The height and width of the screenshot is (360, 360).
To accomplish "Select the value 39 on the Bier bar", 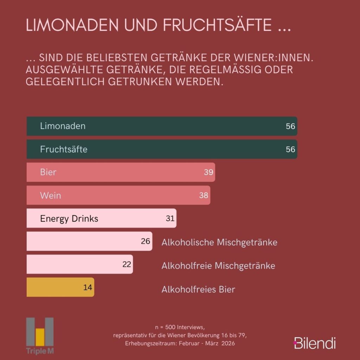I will (x=208, y=172).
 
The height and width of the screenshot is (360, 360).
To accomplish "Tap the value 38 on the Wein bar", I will (x=204, y=195).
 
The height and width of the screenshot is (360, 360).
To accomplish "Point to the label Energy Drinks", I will (x=69, y=218).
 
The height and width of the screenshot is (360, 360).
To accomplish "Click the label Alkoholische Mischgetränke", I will (x=219, y=242).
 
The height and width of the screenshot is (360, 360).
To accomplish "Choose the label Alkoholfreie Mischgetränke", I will (x=218, y=265).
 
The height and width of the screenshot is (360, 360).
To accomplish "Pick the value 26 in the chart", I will (x=146, y=241).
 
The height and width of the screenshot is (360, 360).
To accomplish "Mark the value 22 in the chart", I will (x=127, y=264).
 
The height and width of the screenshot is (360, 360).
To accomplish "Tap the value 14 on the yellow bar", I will (x=88, y=287).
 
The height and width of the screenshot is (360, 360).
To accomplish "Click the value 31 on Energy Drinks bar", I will (x=170, y=218).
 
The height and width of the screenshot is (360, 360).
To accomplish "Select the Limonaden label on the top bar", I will (x=63, y=126).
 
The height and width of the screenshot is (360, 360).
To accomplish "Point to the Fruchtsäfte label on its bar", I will (x=64, y=149).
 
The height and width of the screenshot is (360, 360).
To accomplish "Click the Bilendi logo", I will (x=315, y=343).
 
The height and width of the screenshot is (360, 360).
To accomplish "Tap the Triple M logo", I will (x=40, y=336).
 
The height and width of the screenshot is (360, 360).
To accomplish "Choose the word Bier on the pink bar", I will (x=48, y=172).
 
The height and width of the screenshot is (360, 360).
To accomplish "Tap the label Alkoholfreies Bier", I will (x=198, y=289).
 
